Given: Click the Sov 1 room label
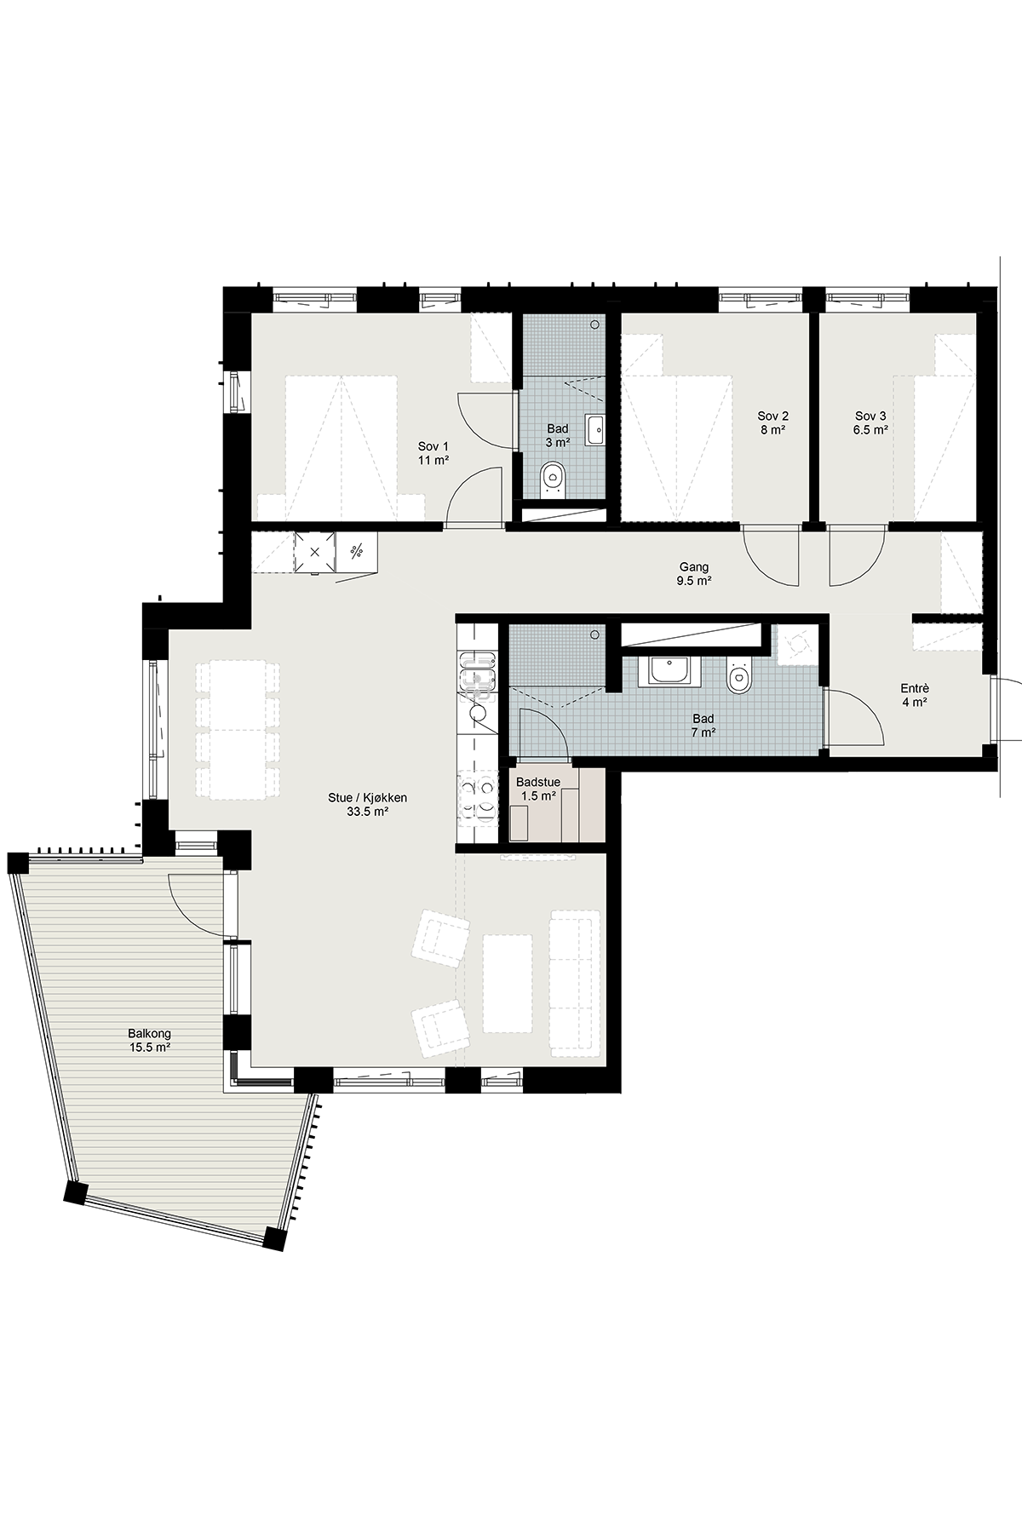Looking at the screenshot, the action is point(433,453).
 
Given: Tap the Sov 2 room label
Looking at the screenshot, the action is point(773,423).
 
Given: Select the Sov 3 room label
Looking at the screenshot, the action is point(871,423).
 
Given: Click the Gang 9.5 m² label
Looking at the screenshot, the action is point(694,574).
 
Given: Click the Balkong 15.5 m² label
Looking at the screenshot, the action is point(150,1041).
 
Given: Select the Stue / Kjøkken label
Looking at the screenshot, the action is point(368,798).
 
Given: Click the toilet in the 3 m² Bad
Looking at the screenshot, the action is point(554,479).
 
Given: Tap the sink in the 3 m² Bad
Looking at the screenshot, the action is point(595,430).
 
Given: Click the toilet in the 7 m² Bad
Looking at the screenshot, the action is point(738,674).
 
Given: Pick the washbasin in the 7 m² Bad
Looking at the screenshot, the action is point(674,670).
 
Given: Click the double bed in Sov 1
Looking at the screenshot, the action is point(342,448).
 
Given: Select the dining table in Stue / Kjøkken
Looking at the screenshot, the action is point(238,731).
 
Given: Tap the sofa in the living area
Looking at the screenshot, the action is point(574,983).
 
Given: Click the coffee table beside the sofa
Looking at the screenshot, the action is point(508,983).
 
